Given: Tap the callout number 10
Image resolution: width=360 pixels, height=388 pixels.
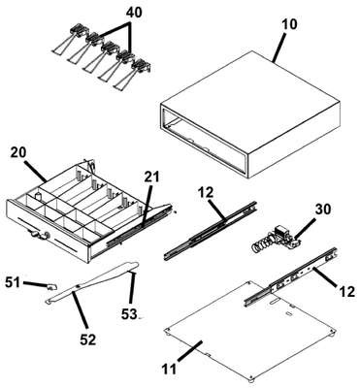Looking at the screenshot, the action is coord(288,24).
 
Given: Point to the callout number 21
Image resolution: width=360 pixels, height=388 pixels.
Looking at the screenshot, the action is coord(153,177).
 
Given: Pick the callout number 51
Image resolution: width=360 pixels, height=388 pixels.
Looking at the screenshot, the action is coord(14,282).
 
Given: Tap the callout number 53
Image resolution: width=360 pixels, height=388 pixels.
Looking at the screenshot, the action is coord(129,314).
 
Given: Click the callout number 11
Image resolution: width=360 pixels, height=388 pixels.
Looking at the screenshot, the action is coord(169,369).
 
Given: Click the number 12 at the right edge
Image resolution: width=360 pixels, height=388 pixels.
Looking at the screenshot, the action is coord(346,292).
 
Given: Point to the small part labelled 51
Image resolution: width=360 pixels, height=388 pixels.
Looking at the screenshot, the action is coord(52,286).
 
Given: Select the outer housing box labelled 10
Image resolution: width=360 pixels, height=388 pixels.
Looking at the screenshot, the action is coord(249,113).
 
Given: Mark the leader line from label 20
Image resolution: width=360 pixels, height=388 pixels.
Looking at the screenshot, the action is coord(36,170).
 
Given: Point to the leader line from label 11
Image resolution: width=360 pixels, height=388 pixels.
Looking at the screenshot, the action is coord(190,350).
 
